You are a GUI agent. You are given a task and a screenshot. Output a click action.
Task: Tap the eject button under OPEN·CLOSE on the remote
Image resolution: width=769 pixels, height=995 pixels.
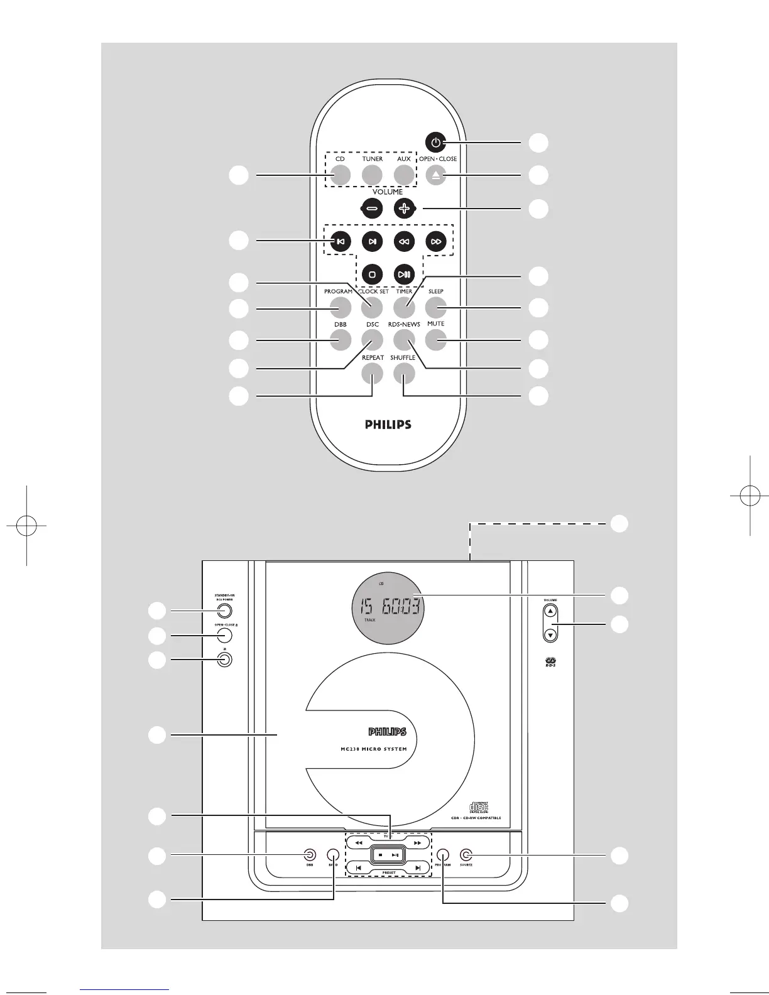click(x=436, y=176)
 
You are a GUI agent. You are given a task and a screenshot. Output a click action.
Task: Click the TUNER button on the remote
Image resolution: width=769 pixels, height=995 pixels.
click(x=372, y=176)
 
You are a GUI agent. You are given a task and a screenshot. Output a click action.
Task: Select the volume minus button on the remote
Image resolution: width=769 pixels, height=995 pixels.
click(x=372, y=209)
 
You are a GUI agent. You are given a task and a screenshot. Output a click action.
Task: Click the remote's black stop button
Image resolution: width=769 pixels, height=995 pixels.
click(x=372, y=274)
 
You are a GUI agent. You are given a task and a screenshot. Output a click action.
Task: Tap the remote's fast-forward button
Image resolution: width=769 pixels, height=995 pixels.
click(x=436, y=241)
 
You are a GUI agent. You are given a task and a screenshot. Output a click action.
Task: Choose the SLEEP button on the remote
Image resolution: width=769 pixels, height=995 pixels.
click(x=435, y=307)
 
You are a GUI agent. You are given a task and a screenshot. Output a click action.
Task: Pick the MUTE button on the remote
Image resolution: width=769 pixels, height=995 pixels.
click(x=435, y=340)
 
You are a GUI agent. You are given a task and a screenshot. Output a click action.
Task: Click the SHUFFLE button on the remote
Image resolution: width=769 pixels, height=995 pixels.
click(x=403, y=374)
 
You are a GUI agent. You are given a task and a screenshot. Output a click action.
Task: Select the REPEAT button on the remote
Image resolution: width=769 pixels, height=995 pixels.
click(x=372, y=374)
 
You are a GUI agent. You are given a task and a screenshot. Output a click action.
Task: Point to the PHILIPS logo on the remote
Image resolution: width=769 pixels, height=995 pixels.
click(x=388, y=425)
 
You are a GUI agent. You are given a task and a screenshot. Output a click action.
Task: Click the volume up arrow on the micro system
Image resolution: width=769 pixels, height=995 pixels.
click(x=550, y=611)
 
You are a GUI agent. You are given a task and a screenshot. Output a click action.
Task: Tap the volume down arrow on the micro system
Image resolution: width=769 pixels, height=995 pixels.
click(x=550, y=634)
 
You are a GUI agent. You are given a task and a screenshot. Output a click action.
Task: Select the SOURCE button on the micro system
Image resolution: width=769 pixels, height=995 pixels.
click(x=466, y=855)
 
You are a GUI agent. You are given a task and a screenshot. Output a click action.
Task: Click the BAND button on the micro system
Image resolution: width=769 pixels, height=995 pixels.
click(x=332, y=855)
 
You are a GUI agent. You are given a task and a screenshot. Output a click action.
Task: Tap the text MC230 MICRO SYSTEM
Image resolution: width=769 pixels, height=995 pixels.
click(x=369, y=749)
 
